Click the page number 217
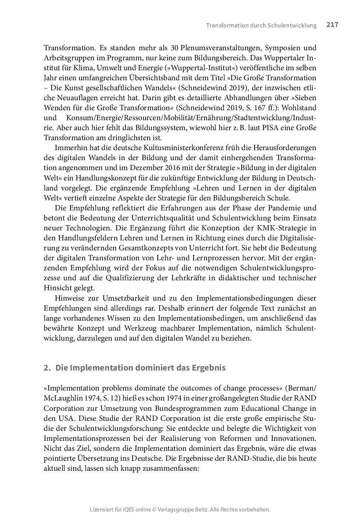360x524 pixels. pos(332,25)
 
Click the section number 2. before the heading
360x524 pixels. pos(47,368)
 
